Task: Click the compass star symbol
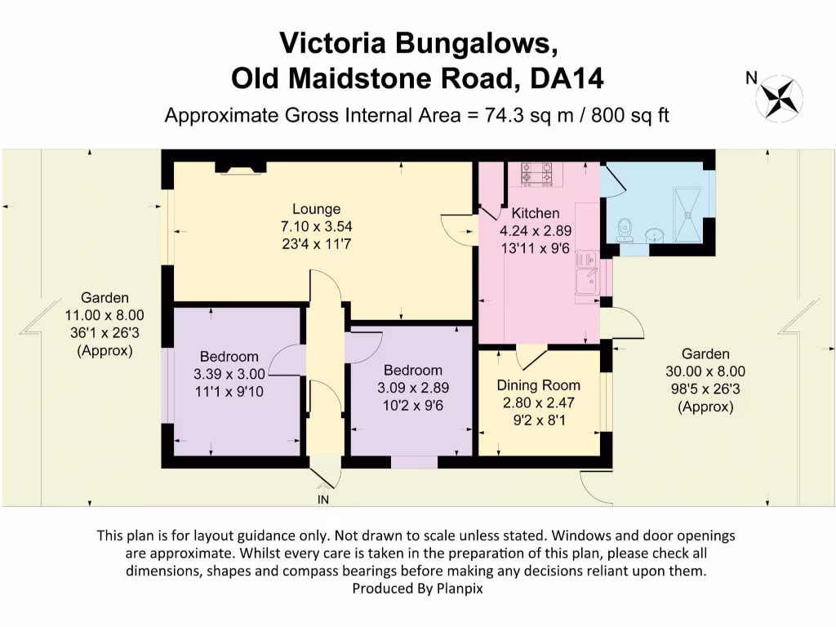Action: pos(779,97)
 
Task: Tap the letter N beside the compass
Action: pos(750,78)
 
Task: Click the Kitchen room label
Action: pos(530,214)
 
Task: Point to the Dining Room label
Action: pos(539,385)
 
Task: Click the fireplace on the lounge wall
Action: pos(240,167)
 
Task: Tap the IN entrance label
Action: pos(324,499)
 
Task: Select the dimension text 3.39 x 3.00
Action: pos(229,374)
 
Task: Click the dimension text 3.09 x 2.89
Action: pos(412,388)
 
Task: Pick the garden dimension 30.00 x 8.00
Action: pos(705,371)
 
